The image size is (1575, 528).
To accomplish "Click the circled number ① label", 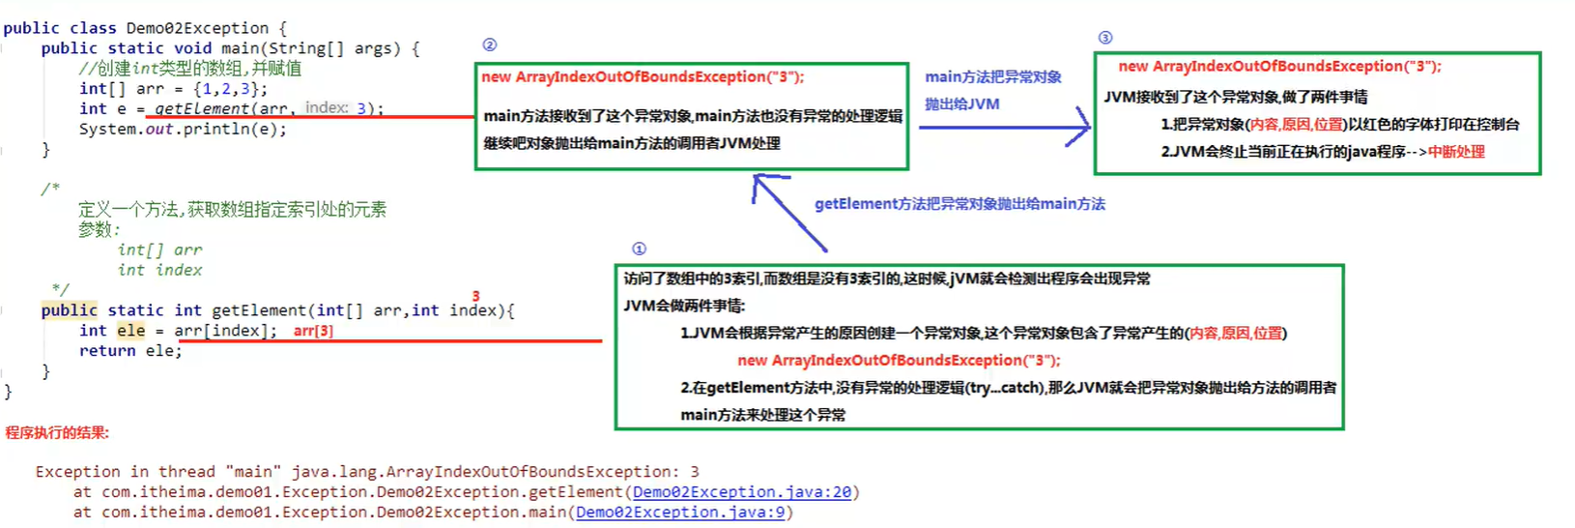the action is click(639, 249).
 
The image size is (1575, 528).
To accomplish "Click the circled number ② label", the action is click(490, 44).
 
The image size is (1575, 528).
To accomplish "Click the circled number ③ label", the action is click(1105, 38).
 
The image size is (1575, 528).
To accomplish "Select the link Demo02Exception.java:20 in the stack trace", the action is click(742, 492).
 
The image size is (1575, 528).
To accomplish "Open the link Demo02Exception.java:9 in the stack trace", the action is click(680, 513).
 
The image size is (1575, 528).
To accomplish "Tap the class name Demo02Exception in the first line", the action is click(197, 28).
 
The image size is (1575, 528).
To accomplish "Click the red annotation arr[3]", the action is click(313, 331).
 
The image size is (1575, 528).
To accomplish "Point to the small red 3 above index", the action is click(475, 296).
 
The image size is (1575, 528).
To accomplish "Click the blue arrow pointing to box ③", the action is click(1005, 127).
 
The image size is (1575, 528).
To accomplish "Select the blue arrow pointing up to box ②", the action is click(787, 211).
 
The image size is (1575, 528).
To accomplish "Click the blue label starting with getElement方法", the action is click(959, 204).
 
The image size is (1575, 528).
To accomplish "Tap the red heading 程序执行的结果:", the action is click(57, 432).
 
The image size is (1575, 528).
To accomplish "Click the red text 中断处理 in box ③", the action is click(1456, 152).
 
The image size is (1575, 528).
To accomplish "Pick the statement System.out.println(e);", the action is click(183, 129).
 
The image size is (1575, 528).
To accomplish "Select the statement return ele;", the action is click(130, 351).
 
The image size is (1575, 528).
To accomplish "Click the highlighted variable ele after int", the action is click(130, 331).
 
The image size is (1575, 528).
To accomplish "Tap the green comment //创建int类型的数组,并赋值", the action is click(190, 69).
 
